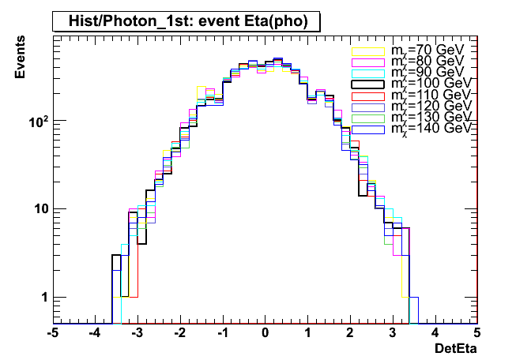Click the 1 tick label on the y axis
pos(44,298)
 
